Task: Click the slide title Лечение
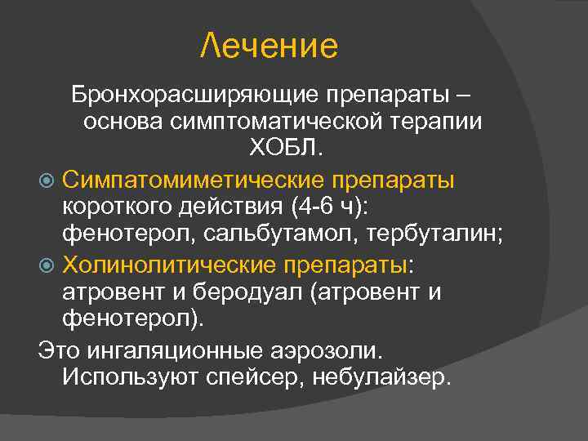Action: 269,47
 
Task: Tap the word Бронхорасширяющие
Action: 194,94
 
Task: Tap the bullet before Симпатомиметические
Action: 47,179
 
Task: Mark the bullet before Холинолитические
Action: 47,263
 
